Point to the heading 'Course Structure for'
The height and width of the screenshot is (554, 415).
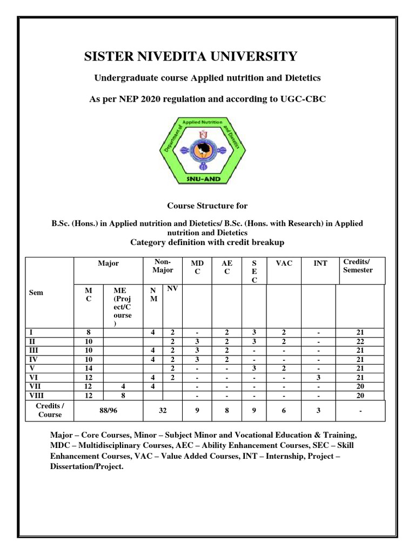click(207, 206)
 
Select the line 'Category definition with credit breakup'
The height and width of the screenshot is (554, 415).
click(207, 242)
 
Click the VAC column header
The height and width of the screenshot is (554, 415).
click(283, 263)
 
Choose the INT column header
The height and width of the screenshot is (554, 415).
click(320, 263)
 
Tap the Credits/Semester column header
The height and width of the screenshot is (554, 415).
click(358, 266)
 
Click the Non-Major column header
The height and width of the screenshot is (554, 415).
click(163, 266)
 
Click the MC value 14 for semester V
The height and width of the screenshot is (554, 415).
click(87, 368)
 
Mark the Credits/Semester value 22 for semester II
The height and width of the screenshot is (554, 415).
click(360, 342)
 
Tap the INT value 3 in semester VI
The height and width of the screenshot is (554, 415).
click(319, 377)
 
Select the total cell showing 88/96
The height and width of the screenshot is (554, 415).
click(108, 411)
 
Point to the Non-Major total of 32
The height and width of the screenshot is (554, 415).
click(163, 411)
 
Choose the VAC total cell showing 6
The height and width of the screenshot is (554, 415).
click(283, 411)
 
